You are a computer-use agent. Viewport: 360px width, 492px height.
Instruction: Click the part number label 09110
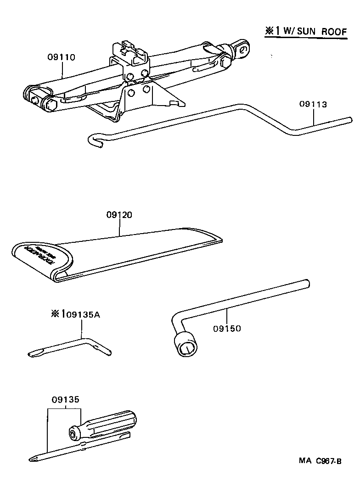[61, 57]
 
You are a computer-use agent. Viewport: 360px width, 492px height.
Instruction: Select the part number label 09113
[313, 104]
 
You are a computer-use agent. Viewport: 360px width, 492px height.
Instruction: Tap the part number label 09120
[119, 214]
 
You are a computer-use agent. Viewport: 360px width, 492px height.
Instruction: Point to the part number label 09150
[227, 329]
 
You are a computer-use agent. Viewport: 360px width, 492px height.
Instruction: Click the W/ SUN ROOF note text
[315, 32]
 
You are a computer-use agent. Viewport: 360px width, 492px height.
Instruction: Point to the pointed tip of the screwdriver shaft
[33, 458]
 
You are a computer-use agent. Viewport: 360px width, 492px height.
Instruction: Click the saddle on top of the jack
[131, 53]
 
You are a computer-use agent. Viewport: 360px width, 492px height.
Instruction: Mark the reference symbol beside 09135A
[56, 314]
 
